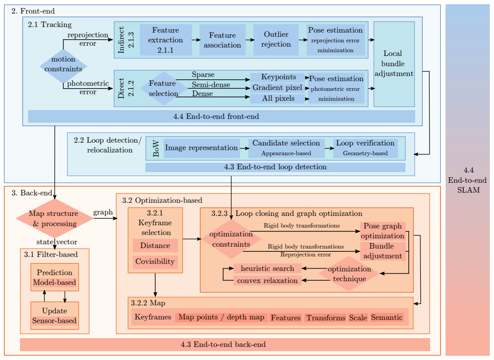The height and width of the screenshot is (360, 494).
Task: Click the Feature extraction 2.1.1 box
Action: tap(166, 40)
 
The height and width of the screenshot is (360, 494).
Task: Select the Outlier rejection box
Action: tap(276, 40)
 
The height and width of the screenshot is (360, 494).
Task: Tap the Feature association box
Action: tap(222, 40)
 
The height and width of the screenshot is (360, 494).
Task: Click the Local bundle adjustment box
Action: tap(394, 64)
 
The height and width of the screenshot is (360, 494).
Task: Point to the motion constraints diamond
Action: tap(63, 66)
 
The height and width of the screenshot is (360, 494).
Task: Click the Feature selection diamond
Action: tap(164, 88)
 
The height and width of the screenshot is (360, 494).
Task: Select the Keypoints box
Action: tap(278, 77)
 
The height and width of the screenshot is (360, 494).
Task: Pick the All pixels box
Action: tap(278, 99)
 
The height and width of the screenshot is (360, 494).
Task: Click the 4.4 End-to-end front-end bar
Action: tap(221, 116)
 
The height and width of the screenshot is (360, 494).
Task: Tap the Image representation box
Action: tap(202, 148)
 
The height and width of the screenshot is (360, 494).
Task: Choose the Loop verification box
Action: tap(365, 148)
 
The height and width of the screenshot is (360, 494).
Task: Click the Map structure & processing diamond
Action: tap(55, 218)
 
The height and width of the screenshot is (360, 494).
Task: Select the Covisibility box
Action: tap(155, 262)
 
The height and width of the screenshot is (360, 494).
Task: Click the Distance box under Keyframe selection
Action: tap(155, 246)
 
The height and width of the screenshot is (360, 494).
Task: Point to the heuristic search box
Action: tap(267, 269)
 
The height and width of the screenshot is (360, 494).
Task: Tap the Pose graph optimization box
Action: tap(383, 231)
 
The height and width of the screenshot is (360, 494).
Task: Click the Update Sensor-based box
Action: tap(55, 316)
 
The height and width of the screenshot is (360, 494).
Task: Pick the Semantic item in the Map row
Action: tap(387, 318)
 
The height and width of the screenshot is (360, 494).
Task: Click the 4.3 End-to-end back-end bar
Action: tap(225, 345)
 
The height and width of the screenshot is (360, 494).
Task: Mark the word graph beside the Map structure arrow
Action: tap(103, 213)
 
